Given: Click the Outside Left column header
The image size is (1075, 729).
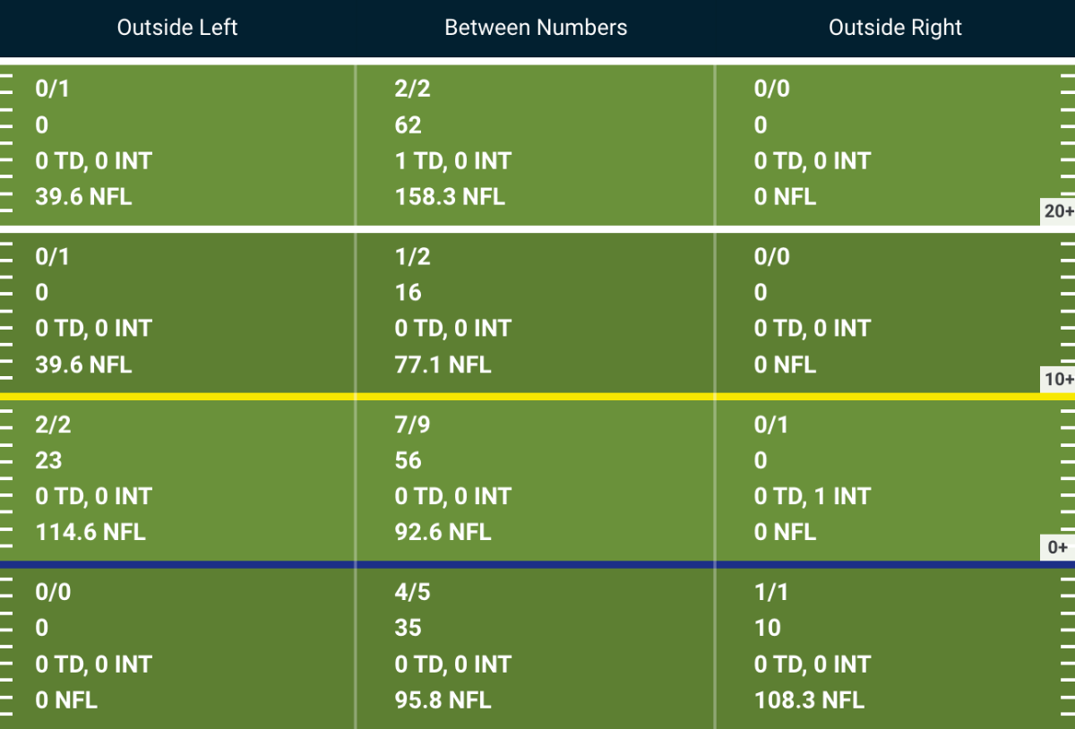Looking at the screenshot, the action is pyautogui.click(x=177, y=28).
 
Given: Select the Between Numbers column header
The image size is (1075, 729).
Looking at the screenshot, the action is pyautogui.click(x=536, y=28).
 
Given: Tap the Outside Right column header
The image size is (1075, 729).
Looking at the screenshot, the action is pyautogui.click(x=895, y=28).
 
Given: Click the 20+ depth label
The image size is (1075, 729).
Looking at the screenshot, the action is pyautogui.click(x=1059, y=211).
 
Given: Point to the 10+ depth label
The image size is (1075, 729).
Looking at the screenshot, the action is pyautogui.click(x=1059, y=379).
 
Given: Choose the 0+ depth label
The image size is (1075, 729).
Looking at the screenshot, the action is pyautogui.click(x=1058, y=547).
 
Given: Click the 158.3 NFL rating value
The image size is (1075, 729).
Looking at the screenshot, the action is pyautogui.click(x=450, y=197).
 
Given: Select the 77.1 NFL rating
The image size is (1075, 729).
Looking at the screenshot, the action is pyautogui.click(x=443, y=364).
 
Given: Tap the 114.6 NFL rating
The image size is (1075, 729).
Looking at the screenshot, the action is pyautogui.click(x=90, y=532).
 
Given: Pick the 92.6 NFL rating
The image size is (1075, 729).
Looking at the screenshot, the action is pyautogui.click(x=443, y=532).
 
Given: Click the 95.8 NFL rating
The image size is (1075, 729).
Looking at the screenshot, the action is pyautogui.click(x=443, y=700).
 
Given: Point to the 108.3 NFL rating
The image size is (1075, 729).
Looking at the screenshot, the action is pyautogui.click(x=809, y=700).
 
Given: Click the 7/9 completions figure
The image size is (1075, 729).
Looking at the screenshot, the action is pyautogui.click(x=412, y=425).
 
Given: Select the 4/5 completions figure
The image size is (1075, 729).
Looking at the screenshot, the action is pyautogui.click(x=412, y=592).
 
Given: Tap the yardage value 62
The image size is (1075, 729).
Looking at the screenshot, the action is pyautogui.click(x=408, y=125).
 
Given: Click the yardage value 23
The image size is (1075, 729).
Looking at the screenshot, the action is pyautogui.click(x=48, y=460).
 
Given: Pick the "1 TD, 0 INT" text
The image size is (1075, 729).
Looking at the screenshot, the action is pyautogui.click(x=453, y=161).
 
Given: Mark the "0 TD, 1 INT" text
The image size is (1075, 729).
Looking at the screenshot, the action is pyautogui.click(x=812, y=496).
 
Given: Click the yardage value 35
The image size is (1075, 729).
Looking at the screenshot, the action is pyautogui.click(x=408, y=628).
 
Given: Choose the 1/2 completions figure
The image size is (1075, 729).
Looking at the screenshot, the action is pyautogui.click(x=412, y=257).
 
